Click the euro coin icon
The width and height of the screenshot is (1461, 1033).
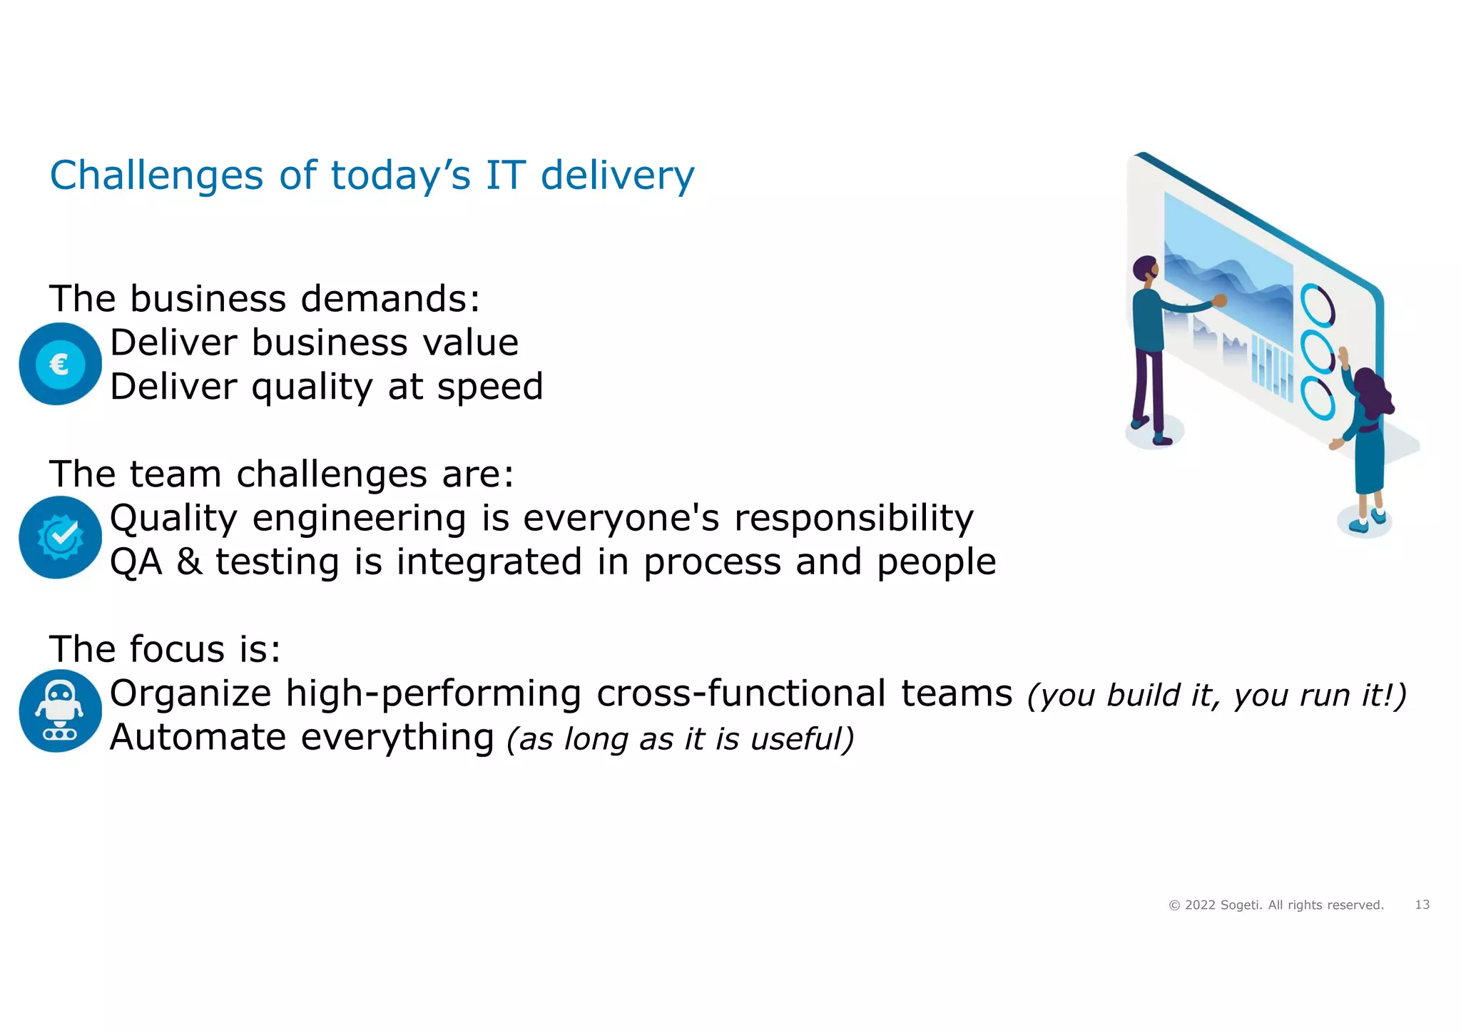click(x=60, y=365)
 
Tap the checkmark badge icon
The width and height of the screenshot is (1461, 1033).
click(x=60, y=537)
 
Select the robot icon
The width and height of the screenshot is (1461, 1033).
click(x=60, y=711)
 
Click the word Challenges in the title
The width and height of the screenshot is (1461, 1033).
click(x=156, y=176)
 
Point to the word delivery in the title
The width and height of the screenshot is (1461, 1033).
click(x=617, y=176)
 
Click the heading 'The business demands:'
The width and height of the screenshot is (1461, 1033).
click(x=265, y=299)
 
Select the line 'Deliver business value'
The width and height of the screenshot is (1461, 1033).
click(x=314, y=343)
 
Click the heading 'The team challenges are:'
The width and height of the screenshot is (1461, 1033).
click(x=281, y=474)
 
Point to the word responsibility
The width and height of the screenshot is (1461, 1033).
click(x=853, y=519)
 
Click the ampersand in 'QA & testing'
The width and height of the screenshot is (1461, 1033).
click(x=189, y=562)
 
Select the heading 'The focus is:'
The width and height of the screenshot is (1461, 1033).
click(x=165, y=650)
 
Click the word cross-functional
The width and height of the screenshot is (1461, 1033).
click(x=741, y=693)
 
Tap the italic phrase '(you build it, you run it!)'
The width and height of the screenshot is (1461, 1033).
click(x=1216, y=696)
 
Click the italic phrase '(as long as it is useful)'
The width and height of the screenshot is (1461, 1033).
click(x=680, y=739)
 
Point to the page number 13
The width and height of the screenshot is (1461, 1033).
click(x=1422, y=905)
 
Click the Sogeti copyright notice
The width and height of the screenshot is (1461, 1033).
click(x=1276, y=905)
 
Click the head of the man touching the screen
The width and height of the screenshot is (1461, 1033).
click(x=1146, y=269)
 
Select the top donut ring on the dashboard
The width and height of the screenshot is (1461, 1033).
click(x=1317, y=305)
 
